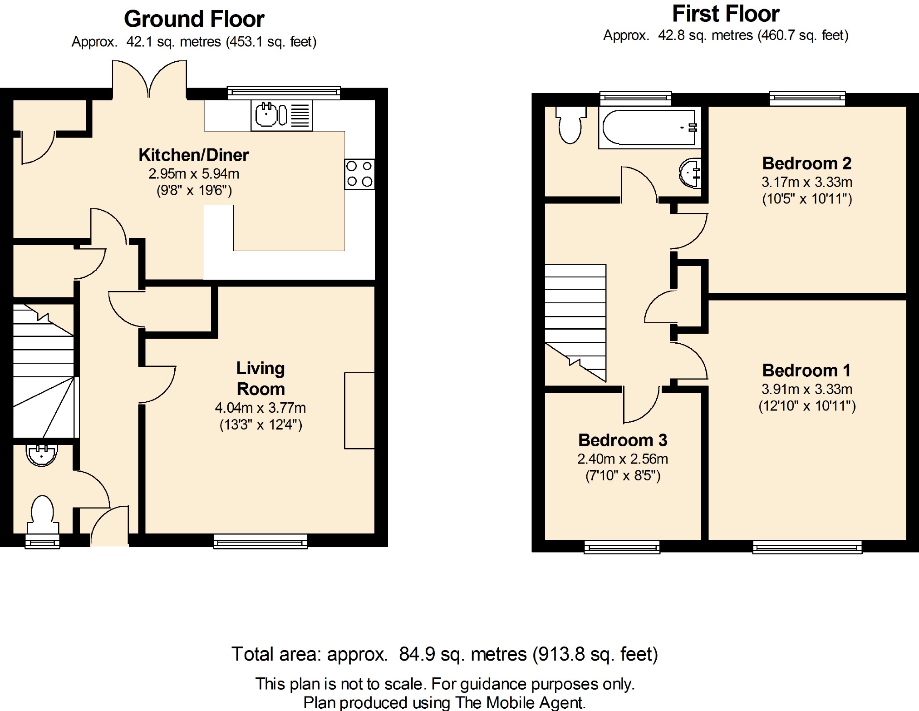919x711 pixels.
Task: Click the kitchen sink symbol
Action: tap(281, 115)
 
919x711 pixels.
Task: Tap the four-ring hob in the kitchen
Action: tap(359, 174)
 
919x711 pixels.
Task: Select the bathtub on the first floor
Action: tap(650, 128)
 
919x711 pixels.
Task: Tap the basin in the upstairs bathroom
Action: tap(690, 173)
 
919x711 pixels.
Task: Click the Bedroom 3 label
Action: tap(623, 440)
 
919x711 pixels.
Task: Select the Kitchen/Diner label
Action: tap(194, 155)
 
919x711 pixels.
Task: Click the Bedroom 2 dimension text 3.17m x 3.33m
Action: tap(807, 182)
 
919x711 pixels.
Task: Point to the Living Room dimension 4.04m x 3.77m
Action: tap(260, 408)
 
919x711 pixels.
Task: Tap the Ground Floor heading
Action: tap(194, 19)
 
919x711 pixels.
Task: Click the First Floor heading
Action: tap(726, 14)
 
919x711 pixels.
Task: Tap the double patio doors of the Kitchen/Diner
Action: tap(149, 79)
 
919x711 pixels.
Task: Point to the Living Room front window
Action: tap(260, 541)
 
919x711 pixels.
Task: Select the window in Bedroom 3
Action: tap(622, 547)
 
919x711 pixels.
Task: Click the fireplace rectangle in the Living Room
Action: tap(359, 410)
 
